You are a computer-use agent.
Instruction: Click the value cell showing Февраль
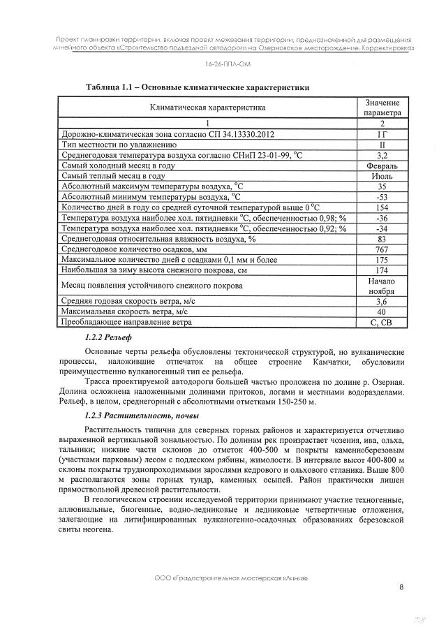click(x=382, y=166)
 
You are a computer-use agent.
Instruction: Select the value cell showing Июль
click(x=382, y=177)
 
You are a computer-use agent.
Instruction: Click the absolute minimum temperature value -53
click(x=382, y=198)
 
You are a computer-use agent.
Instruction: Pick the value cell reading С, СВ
click(x=382, y=323)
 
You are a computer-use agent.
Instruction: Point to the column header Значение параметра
click(x=382, y=107)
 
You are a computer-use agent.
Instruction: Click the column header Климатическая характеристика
click(x=207, y=108)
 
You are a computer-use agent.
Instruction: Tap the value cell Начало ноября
click(x=382, y=286)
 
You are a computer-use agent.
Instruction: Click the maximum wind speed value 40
click(x=382, y=311)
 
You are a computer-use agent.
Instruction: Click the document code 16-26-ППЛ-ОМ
click(x=223, y=64)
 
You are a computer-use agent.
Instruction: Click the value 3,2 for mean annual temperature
click(x=382, y=155)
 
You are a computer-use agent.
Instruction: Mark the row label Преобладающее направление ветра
click(x=126, y=323)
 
